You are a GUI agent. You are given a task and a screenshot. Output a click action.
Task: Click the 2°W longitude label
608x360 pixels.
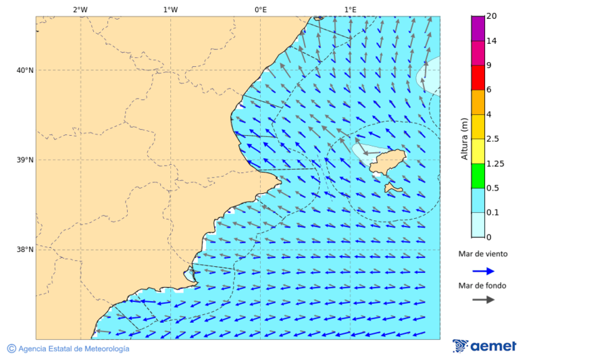80,9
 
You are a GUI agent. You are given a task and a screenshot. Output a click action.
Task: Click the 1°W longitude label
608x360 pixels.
170,9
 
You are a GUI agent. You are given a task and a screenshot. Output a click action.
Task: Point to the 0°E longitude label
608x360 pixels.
260,9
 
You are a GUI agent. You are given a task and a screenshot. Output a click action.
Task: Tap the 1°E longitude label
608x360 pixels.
350,9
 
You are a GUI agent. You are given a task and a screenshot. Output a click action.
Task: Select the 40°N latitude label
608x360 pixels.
25,70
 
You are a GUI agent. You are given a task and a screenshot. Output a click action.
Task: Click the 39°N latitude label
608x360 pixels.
25,160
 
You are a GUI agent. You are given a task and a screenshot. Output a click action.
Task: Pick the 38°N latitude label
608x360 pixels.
25,250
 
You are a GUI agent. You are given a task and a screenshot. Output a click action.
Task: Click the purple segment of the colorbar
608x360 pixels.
478,28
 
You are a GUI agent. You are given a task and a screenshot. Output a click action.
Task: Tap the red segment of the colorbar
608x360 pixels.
478,77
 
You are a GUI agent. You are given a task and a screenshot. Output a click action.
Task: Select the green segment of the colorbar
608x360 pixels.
478,176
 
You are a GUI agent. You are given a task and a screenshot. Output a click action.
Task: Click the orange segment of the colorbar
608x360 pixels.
478,102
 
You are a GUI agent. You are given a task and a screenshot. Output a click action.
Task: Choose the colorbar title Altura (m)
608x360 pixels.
464,138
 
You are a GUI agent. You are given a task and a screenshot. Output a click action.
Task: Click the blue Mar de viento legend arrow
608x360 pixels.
483,271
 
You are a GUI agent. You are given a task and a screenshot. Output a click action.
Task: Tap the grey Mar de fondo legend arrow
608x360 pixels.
483,300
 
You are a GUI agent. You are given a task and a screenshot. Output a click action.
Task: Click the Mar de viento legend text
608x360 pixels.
482,255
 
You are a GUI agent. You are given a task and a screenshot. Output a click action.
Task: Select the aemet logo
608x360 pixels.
484,346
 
